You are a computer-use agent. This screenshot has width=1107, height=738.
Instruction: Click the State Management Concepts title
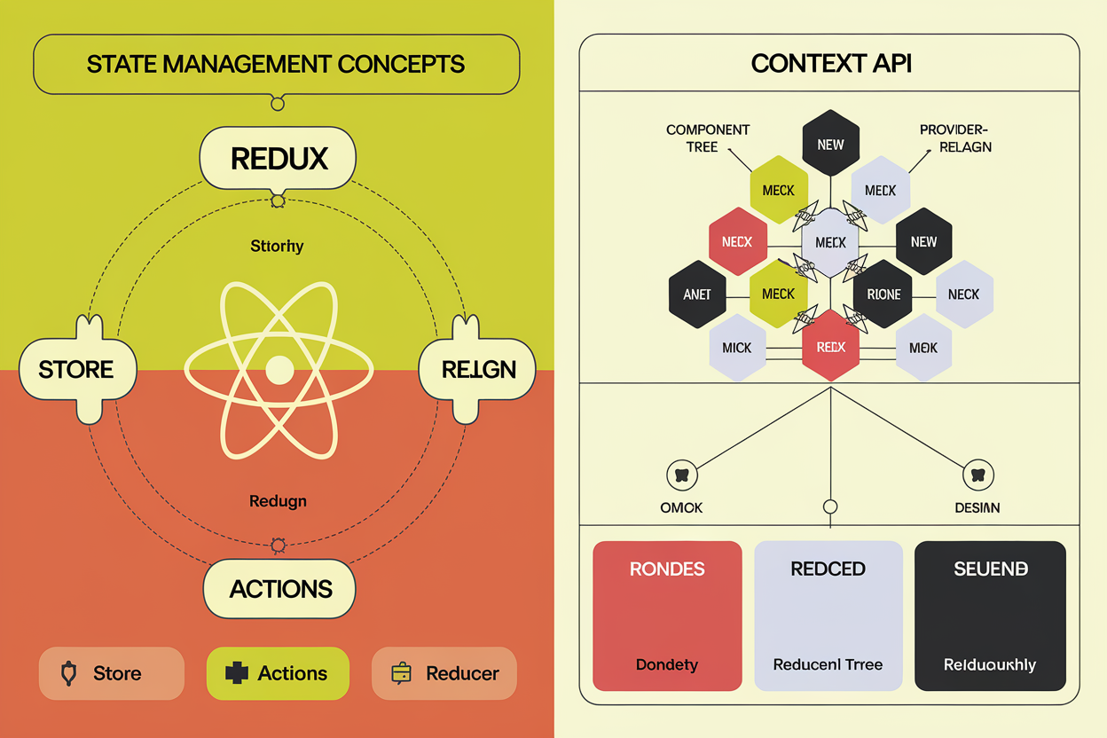276,64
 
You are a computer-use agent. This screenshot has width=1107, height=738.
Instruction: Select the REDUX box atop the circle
279,158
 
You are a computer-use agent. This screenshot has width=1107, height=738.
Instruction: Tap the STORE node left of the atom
77,369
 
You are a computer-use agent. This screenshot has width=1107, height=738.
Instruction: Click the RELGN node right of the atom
477,369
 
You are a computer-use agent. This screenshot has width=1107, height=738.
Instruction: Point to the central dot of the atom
279,369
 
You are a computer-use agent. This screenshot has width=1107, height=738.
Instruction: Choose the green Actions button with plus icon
278,673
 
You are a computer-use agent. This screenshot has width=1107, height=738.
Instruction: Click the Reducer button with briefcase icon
444,673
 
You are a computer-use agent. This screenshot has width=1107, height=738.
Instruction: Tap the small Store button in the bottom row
111,673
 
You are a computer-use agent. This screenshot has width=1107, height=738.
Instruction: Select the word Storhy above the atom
277,246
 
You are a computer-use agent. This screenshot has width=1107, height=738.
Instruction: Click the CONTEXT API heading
830,64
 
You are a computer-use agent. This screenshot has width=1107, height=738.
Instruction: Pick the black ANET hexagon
697,294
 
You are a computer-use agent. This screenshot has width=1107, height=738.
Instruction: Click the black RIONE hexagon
883,294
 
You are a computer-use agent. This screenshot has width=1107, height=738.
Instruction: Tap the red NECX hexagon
737,241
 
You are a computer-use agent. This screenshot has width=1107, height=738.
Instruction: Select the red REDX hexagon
830,347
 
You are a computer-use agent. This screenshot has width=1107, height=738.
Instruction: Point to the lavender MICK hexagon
737,348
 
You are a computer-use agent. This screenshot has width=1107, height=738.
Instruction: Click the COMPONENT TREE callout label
708,137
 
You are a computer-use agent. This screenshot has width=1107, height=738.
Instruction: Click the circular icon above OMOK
681,475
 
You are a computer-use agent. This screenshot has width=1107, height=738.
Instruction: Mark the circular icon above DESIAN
977,475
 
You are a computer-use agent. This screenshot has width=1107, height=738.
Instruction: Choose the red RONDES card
667,616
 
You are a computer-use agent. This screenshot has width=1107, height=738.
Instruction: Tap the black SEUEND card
990,616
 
